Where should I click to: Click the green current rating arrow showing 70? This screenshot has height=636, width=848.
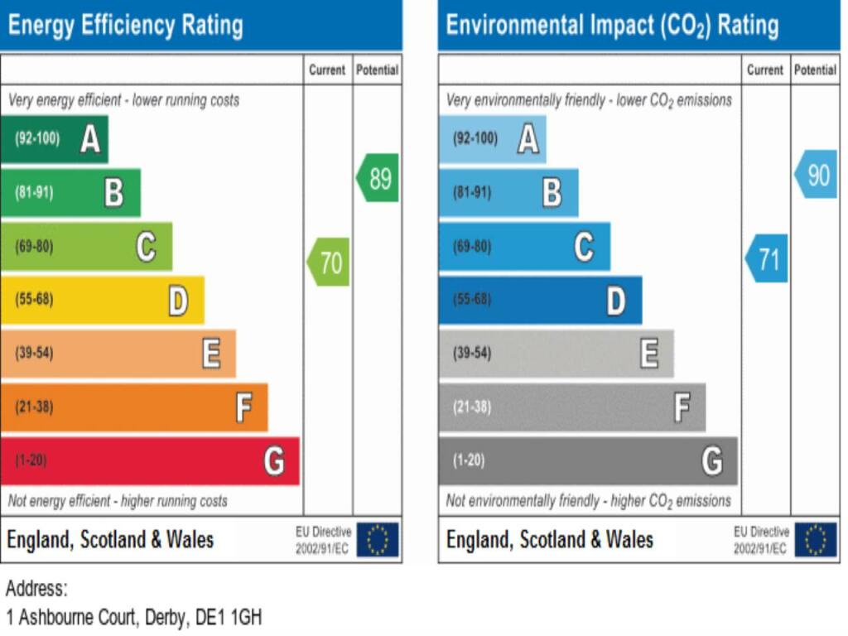329,263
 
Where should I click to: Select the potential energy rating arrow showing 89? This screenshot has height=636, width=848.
378,178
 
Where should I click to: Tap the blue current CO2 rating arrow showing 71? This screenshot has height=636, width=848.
767,259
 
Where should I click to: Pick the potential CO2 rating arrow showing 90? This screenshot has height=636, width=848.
817,175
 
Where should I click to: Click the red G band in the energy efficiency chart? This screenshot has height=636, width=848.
149,460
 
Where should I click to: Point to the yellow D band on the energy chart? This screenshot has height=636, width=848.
102,300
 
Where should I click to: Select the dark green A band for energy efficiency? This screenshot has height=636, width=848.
54,139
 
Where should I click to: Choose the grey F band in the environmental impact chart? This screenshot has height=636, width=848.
571,407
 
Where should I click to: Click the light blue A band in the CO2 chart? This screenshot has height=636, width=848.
492,139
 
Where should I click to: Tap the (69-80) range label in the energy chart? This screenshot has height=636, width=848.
34,247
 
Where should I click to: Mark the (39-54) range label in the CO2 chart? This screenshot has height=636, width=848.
472,354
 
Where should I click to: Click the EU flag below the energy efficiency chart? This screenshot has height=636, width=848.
378,540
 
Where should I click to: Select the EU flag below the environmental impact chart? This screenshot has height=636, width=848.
816,540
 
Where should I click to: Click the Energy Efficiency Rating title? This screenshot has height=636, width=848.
125,26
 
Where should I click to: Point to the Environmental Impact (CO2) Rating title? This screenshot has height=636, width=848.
612,26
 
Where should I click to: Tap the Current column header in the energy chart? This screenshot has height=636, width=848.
327,70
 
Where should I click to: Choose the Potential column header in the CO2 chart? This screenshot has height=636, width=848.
816,70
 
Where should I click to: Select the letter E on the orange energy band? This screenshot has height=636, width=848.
211,354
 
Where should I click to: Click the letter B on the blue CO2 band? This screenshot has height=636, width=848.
552,193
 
